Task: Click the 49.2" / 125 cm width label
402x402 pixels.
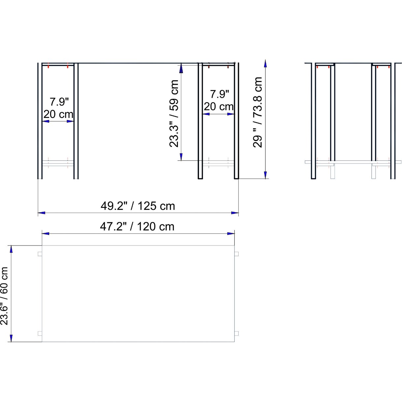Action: [x=138, y=206]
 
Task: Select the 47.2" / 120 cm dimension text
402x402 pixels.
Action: [x=137, y=227]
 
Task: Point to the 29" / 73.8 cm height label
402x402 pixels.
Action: [x=257, y=112]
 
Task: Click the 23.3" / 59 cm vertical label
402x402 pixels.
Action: [x=174, y=114]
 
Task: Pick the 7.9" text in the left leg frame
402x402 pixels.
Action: [x=59, y=102]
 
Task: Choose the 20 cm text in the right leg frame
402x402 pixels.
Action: [x=218, y=107]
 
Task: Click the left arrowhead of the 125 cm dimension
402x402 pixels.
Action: [x=41, y=213]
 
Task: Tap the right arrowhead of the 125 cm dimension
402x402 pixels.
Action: [x=235, y=213]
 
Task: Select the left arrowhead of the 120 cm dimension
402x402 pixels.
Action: [x=45, y=234]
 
